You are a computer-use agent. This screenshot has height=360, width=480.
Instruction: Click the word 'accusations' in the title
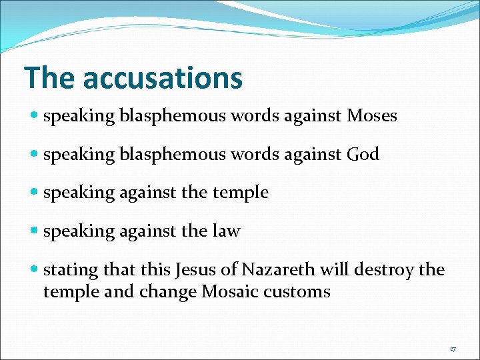(x=163, y=78)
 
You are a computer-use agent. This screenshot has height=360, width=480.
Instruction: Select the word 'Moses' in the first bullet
(x=372, y=116)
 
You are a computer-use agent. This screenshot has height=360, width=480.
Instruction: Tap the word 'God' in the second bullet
(x=363, y=155)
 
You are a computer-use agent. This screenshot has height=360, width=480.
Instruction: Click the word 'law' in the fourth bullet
(x=227, y=231)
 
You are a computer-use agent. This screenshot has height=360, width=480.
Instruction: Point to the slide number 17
(x=453, y=348)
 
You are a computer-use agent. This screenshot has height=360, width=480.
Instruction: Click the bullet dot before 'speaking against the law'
(x=34, y=231)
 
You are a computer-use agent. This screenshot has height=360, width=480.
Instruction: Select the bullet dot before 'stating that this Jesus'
(x=34, y=270)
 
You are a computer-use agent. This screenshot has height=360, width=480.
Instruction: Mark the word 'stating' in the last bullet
(x=67, y=271)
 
